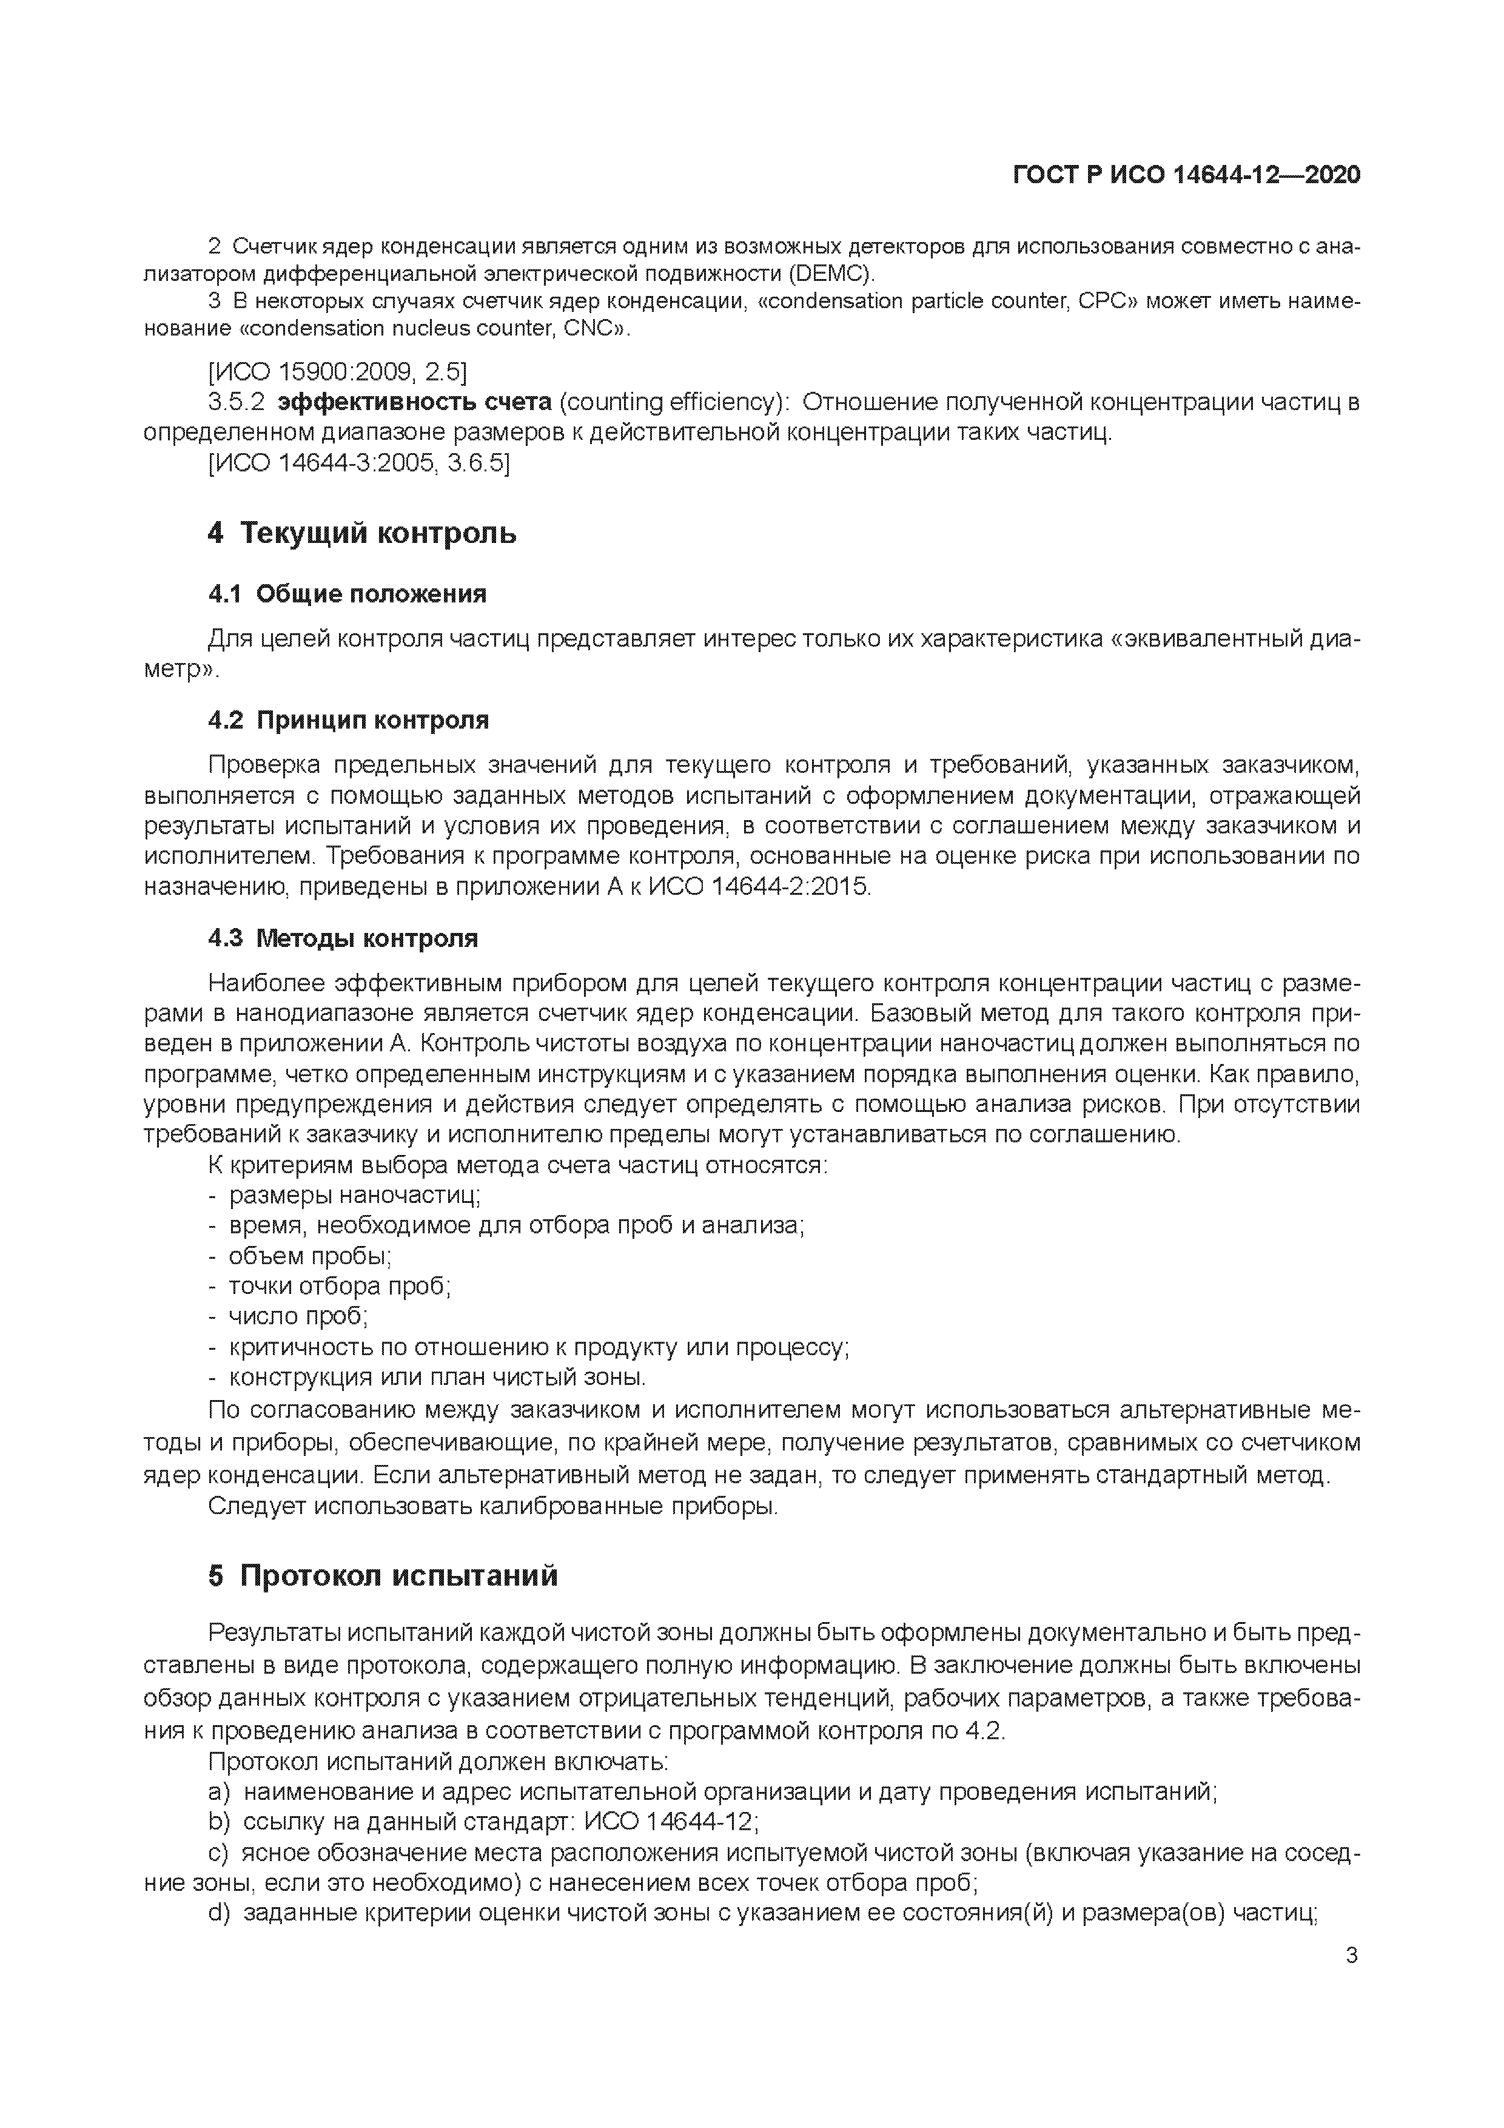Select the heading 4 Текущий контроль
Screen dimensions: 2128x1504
[x=361, y=533]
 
